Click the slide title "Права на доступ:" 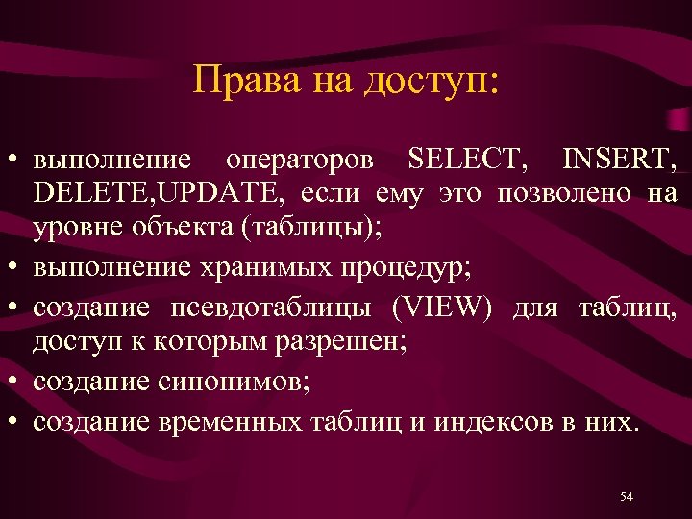point(346,80)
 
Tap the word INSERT point(619,158)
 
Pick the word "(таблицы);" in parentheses point(313,229)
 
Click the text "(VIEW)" point(446,308)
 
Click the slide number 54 point(627,496)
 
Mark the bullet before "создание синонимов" point(16,383)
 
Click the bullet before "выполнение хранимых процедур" point(16,267)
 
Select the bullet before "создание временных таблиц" point(16,421)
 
